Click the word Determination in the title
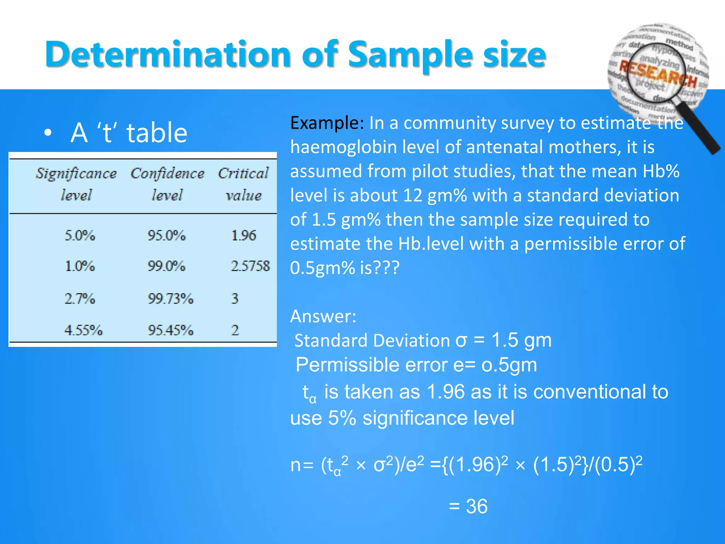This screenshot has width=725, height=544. (x=168, y=55)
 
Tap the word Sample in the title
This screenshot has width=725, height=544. (x=410, y=55)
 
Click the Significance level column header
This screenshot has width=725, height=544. (x=76, y=184)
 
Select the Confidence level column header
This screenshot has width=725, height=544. (x=167, y=184)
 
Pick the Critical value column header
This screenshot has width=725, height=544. (x=243, y=184)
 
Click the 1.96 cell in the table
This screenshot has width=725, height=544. (x=243, y=236)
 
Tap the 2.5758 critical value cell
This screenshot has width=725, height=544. (x=250, y=266)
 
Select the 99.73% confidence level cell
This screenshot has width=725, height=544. (x=170, y=299)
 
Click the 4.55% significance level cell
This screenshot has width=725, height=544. (x=83, y=330)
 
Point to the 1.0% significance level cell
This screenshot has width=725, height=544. (x=80, y=266)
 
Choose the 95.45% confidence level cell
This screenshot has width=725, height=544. (x=170, y=330)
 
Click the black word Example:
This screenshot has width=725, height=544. (x=327, y=123)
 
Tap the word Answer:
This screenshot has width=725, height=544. (x=323, y=316)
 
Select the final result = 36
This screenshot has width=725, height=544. (x=468, y=506)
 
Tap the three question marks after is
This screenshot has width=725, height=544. (x=386, y=268)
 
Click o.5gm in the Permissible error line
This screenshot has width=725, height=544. (x=509, y=365)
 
